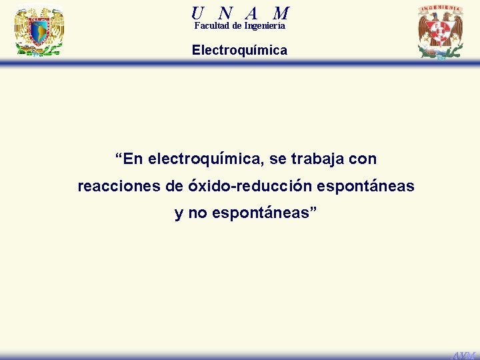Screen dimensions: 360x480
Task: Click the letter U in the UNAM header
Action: pos(197,12)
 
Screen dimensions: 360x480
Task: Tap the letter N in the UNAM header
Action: pos(225,12)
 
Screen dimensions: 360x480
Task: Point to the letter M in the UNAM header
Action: pos(281,12)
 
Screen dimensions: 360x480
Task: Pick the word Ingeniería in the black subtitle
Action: pos(265,26)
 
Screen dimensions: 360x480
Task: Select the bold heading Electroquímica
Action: pos(239,50)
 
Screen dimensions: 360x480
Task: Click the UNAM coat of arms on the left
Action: pos(39,31)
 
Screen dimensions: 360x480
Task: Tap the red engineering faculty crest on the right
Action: pos(440,31)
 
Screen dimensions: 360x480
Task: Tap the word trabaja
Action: pos(315,159)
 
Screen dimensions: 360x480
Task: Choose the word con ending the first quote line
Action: pos(363,159)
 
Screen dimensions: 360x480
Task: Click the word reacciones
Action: pos(114,186)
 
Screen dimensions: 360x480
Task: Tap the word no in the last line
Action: pos(197,213)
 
